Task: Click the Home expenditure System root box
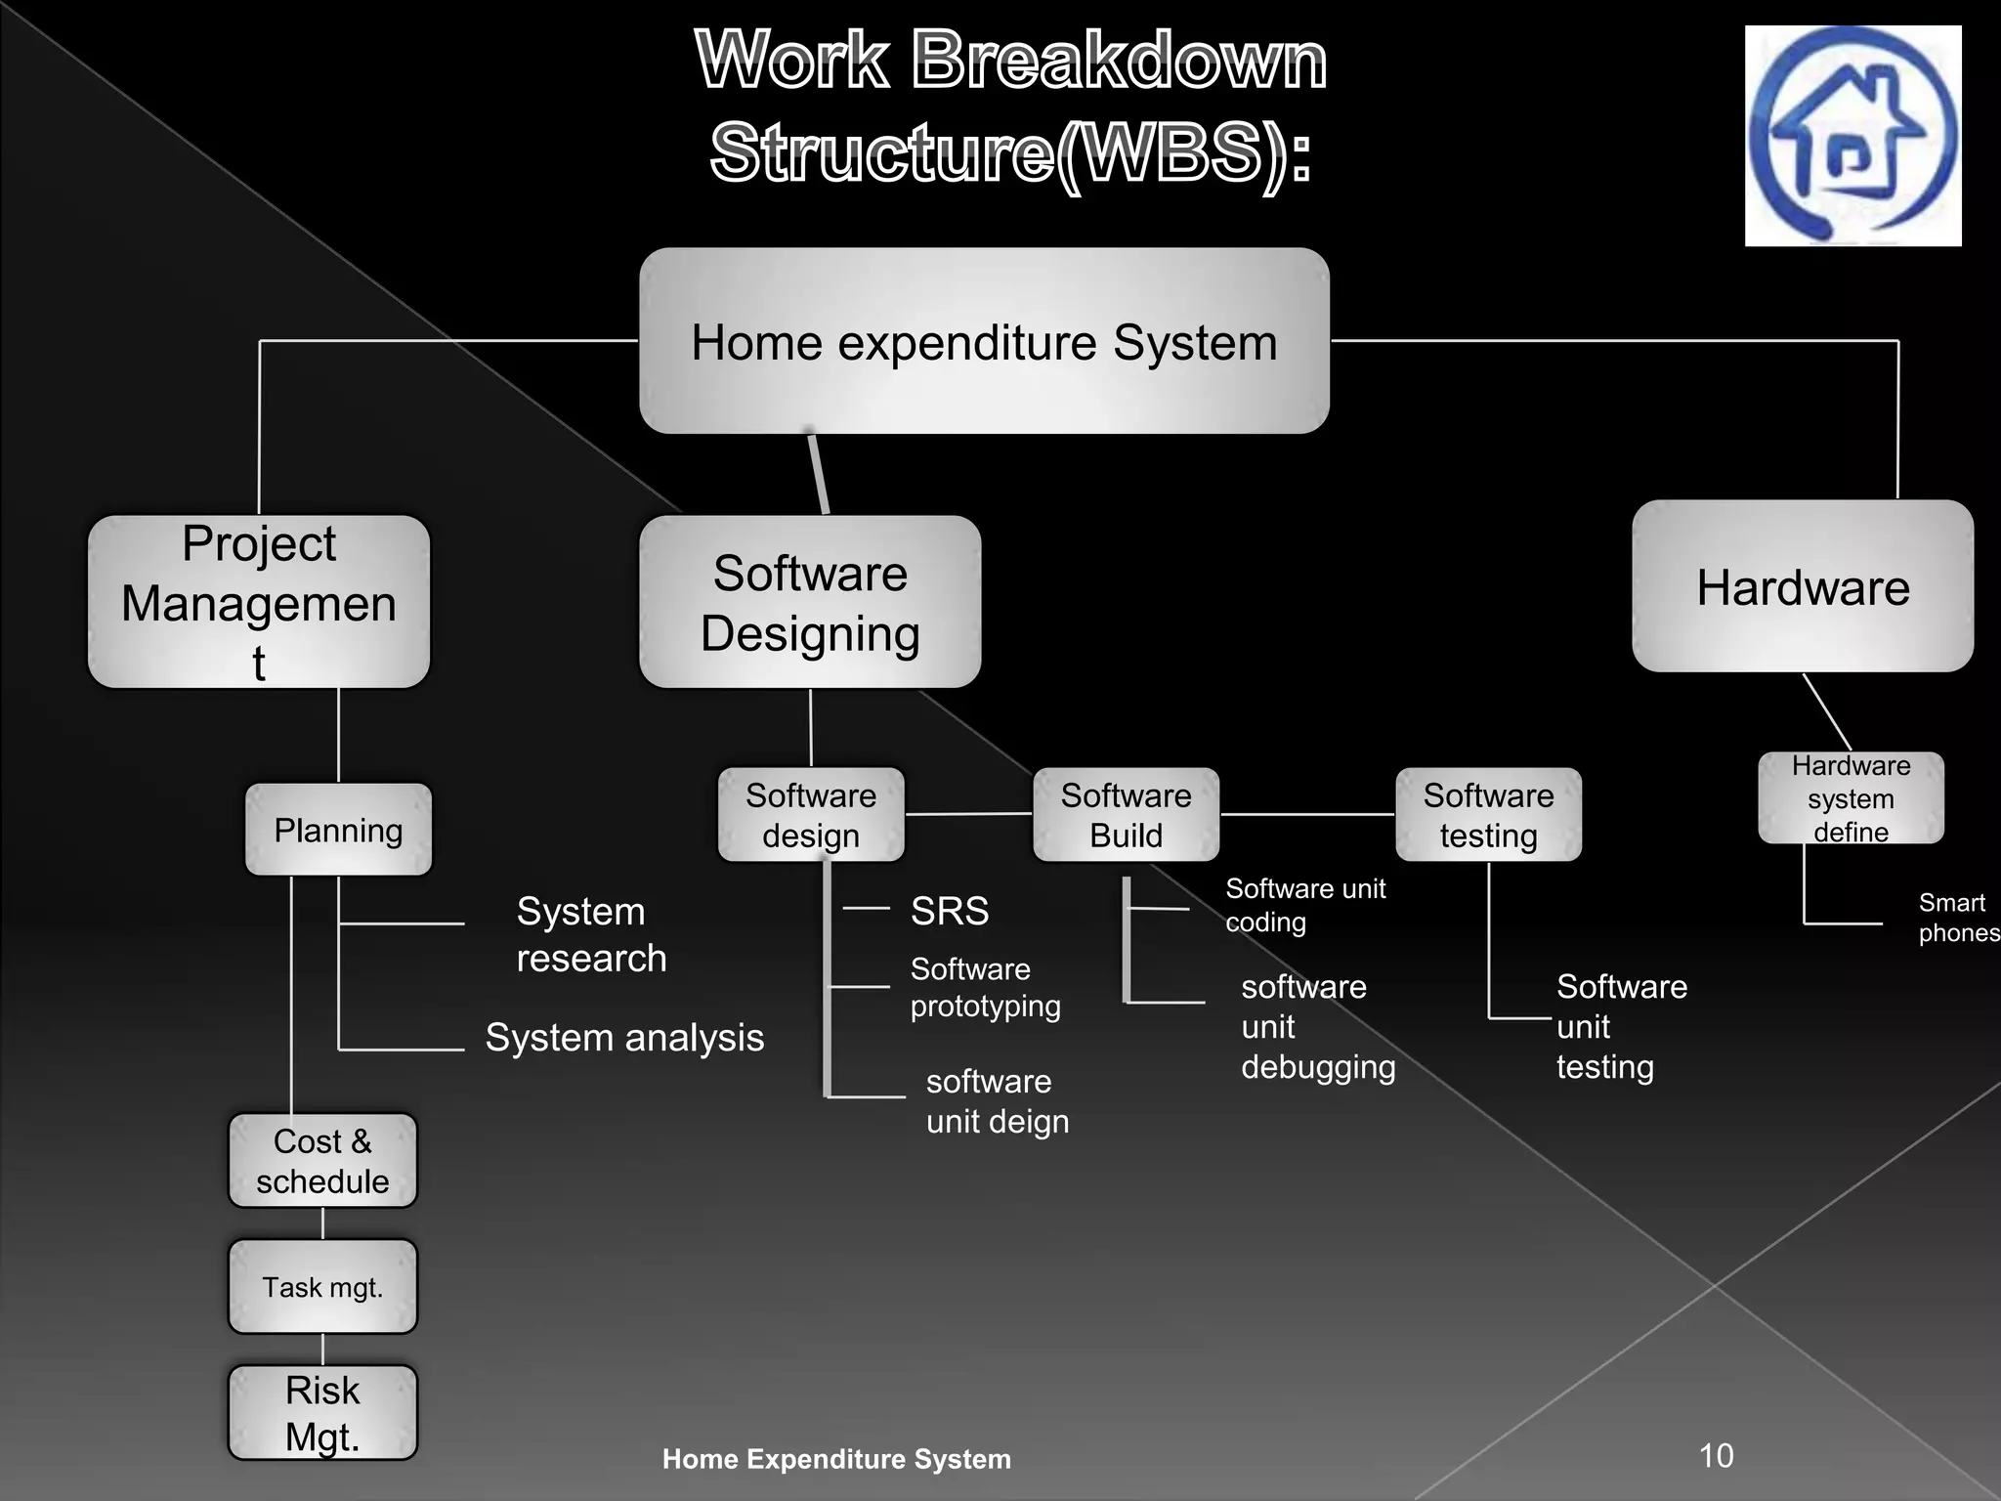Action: click(984, 341)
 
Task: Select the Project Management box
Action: click(259, 602)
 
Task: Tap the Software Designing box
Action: click(810, 602)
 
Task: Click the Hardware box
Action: click(1803, 586)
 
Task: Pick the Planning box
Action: click(338, 830)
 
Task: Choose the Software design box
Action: click(811, 814)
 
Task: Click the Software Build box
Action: click(1126, 814)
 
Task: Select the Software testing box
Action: click(1488, 814)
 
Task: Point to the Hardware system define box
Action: click(1851, 797)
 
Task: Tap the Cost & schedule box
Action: click(322, 1161)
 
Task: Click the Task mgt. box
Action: click(322, 1287)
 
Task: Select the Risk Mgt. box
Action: click(322, 1412)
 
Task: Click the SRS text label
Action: click(950, 911)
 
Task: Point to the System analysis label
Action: click(624, 1038)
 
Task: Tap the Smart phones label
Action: click(1957, 918)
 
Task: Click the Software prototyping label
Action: click(985, 987)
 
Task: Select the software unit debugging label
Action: click(1317, 1026)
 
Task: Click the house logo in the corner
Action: click(1852, 136)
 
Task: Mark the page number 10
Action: click(1716, 1456)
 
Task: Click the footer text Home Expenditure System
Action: click(836, 1459)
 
